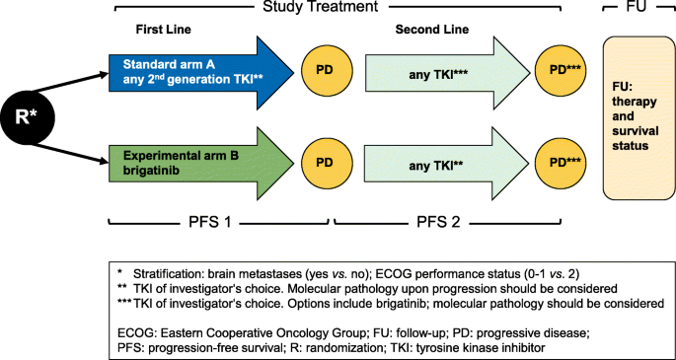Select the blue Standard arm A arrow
[x=197, y=72]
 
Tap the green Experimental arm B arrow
[x=197, y=161]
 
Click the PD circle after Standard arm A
[x=324, y=72]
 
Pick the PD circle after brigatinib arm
[x=324, y=161]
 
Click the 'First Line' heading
[x=162, y=32]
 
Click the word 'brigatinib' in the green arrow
[x=150, y=169]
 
